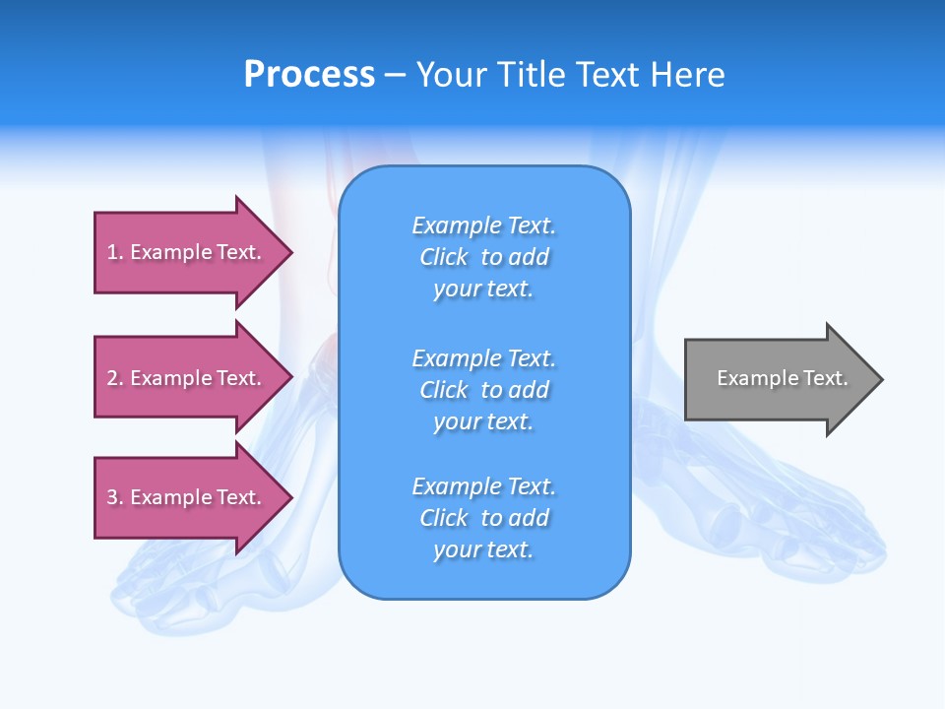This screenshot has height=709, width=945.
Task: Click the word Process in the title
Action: pos(309,75)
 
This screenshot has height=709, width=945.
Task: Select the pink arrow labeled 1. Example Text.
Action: pos(187,252)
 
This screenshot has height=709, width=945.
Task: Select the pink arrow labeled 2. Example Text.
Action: pos(187,378)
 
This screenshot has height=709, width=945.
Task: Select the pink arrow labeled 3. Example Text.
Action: pos(187,497)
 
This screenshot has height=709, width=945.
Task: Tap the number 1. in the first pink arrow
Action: pos(114,252)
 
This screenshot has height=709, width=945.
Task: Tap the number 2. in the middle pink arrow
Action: pos(114,378)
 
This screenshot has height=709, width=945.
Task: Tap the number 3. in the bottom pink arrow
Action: pos(114,497)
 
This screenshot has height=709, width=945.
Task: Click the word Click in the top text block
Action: pos(444,257)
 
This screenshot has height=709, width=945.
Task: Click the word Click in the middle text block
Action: pos(444,390)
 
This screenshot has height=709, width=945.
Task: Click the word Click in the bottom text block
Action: pos(444,518)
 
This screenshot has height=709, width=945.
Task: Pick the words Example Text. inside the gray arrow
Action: pos(782,378)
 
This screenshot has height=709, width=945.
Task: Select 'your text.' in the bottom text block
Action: pos(483,549)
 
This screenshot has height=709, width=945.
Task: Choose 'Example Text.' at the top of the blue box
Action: pos(483,226)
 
